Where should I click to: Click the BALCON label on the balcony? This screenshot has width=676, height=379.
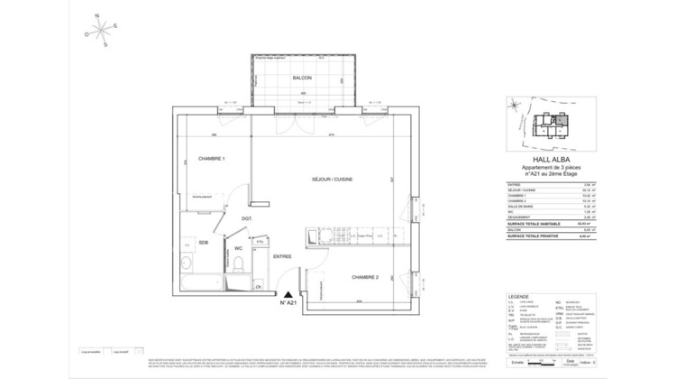(x=301, y=79)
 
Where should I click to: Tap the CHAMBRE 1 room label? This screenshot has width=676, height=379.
(x=211, y=159)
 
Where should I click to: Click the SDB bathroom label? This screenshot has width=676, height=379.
(x=204, y=242)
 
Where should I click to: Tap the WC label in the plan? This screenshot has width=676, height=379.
(x=239, y=247)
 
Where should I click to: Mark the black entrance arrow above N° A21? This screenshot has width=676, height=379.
(x=287, y=292)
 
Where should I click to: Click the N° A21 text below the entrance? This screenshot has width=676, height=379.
(x=288, y=304)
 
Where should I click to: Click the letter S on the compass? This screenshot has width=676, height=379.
(x=105, y=44)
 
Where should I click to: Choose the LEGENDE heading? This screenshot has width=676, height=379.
(x=519, y=294)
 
